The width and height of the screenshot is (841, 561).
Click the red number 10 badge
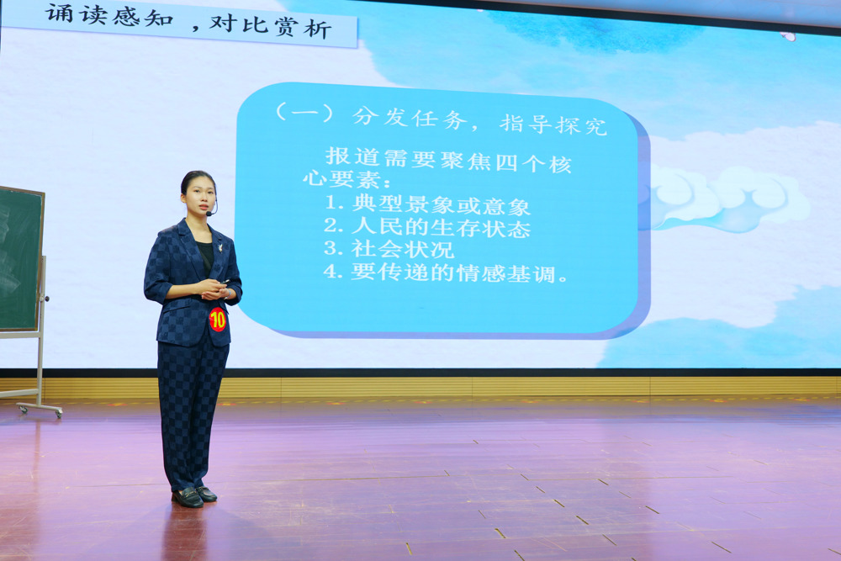(218, 319)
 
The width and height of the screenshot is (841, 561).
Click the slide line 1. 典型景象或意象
(427, 204)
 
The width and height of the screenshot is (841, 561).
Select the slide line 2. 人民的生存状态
(427, 227)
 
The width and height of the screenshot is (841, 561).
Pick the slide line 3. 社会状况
(389, 250)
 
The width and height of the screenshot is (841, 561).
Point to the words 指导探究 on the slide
(553, 124)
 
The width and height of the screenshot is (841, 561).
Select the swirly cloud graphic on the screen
(727, 198)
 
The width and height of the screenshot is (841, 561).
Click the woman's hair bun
(186, 178)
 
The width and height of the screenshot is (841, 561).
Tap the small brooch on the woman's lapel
(220, 246)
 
